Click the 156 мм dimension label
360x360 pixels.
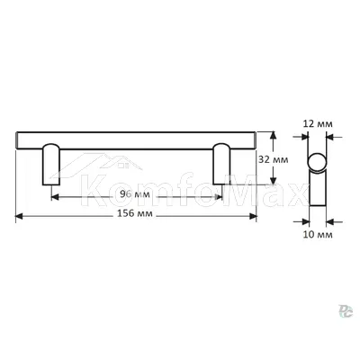pos(135,214)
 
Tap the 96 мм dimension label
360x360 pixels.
pos(135,194)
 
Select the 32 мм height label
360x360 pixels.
pos(274,160)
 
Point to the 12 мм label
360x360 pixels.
pos(318,124)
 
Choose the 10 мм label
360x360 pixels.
pos(318,235)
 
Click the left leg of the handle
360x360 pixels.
pos(51,165)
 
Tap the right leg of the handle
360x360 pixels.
pos(221,164)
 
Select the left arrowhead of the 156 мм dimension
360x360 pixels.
pos(19,216)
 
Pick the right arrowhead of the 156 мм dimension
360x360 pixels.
pos(253,216)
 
